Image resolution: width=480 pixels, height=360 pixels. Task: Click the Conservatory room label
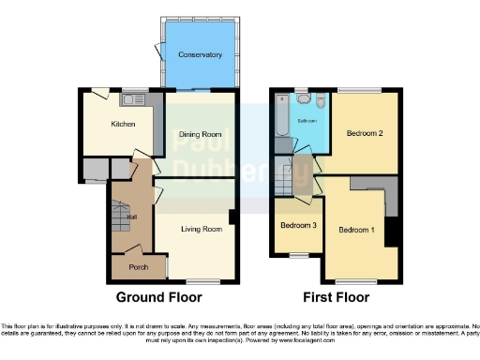tap(201, 55)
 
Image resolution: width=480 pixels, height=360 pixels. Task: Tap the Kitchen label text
tap(124, 124)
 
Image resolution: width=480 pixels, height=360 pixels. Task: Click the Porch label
tap(139, 266)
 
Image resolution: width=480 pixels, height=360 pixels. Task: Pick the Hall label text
tap(133, 217)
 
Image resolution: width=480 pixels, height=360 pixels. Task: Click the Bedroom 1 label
tap(356, 230)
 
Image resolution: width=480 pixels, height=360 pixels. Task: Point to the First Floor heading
tap(336, 298)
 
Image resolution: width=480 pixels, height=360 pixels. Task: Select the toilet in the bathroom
tap(319, 102)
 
